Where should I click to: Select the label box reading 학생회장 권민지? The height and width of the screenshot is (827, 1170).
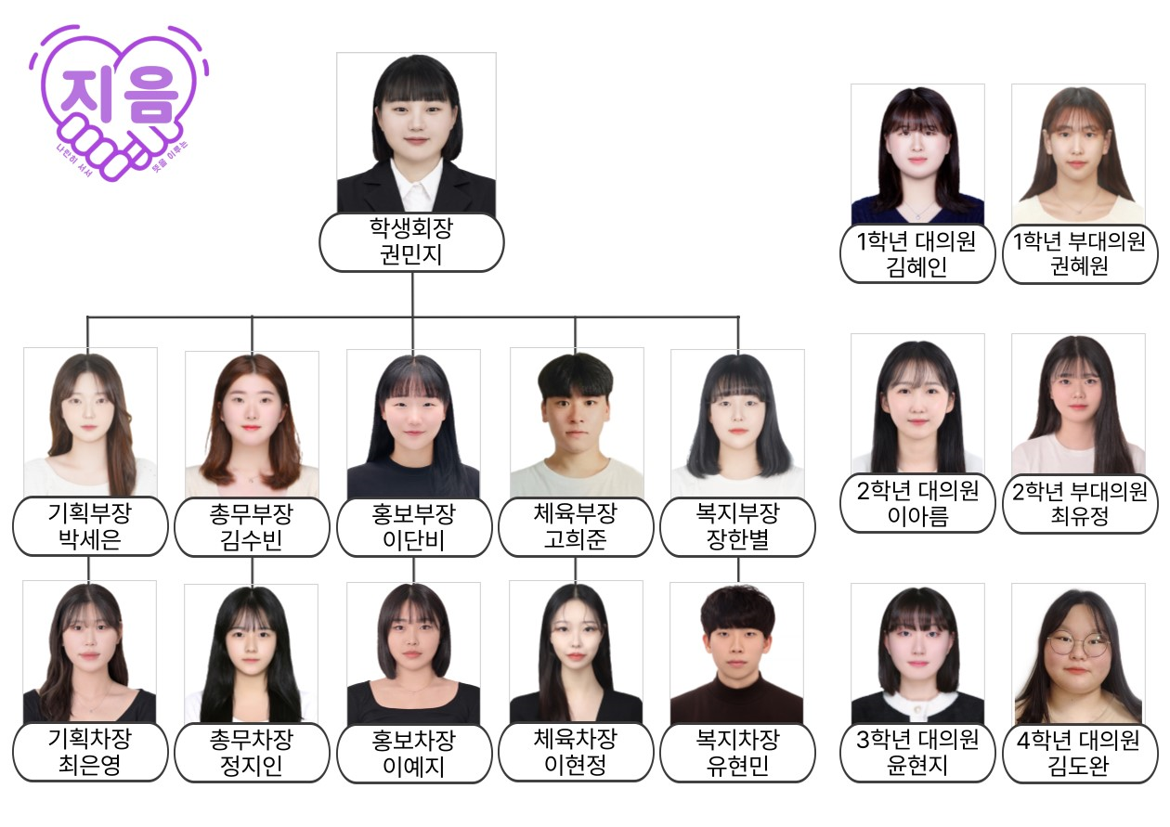click(x=411, y=242)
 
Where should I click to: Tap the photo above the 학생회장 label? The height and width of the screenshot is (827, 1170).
click(x=416, y=133)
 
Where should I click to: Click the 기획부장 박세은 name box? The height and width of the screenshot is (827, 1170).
click(x=90, y=526)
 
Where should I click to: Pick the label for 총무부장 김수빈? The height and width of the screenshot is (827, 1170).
click(x=252, y=527)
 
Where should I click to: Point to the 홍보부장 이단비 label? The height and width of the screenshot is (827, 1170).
click(x=413, y=527)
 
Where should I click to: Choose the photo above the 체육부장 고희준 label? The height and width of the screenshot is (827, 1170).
click(x=577, y=422)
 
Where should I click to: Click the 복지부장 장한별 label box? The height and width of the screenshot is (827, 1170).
click(x=737, y=526)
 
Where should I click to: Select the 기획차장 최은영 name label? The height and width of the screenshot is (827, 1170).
click(x=89, y=753)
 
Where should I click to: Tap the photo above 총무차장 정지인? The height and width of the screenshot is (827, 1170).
click(x=252, y=653)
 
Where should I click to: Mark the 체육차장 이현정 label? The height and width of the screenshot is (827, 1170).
click(x=576, y=753)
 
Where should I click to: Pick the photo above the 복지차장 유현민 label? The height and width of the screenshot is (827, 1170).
click(x=737, y=653)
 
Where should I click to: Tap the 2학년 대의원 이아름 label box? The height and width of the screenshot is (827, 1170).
click(x=916, y=503)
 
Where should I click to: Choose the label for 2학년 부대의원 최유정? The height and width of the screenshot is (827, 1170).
click(x=1077, y=504)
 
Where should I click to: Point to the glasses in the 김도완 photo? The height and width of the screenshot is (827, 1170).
click(x=1078, y=643)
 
